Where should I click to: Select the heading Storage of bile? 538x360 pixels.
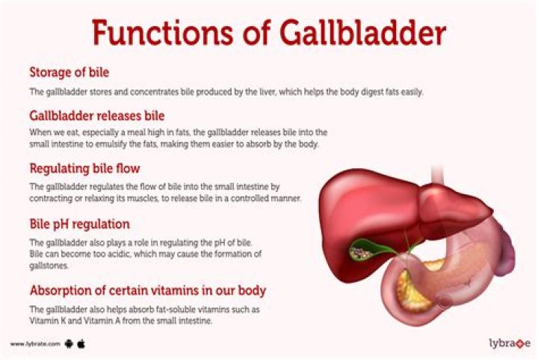point(69,72)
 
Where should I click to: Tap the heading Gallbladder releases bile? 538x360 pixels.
point(96,116)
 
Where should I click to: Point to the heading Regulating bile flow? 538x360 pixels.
point(84,168)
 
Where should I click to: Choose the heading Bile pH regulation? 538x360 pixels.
point(79,223)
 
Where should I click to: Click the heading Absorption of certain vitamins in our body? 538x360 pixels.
point(147,290)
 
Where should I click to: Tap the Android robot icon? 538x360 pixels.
point(69,344)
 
